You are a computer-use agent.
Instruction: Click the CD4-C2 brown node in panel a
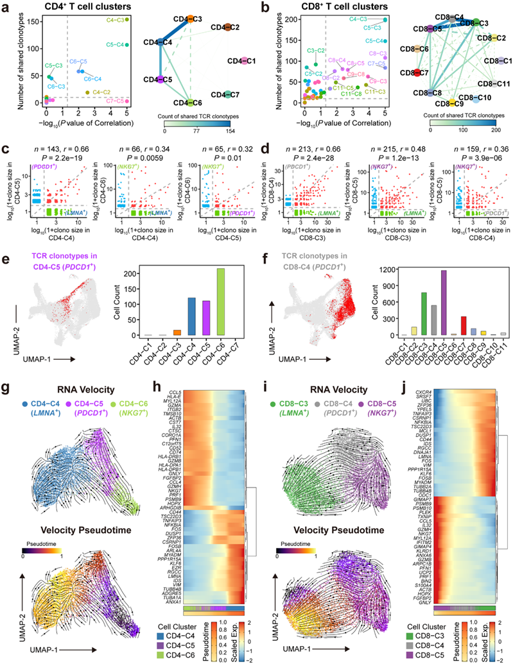229,27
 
